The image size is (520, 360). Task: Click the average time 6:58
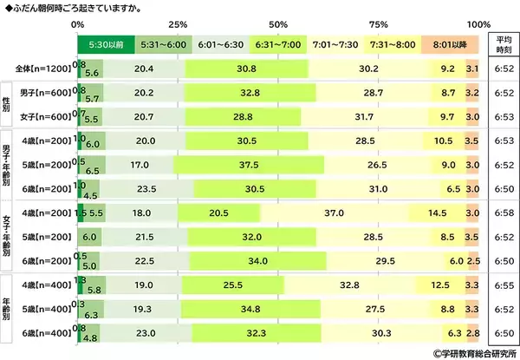coord(502,213)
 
